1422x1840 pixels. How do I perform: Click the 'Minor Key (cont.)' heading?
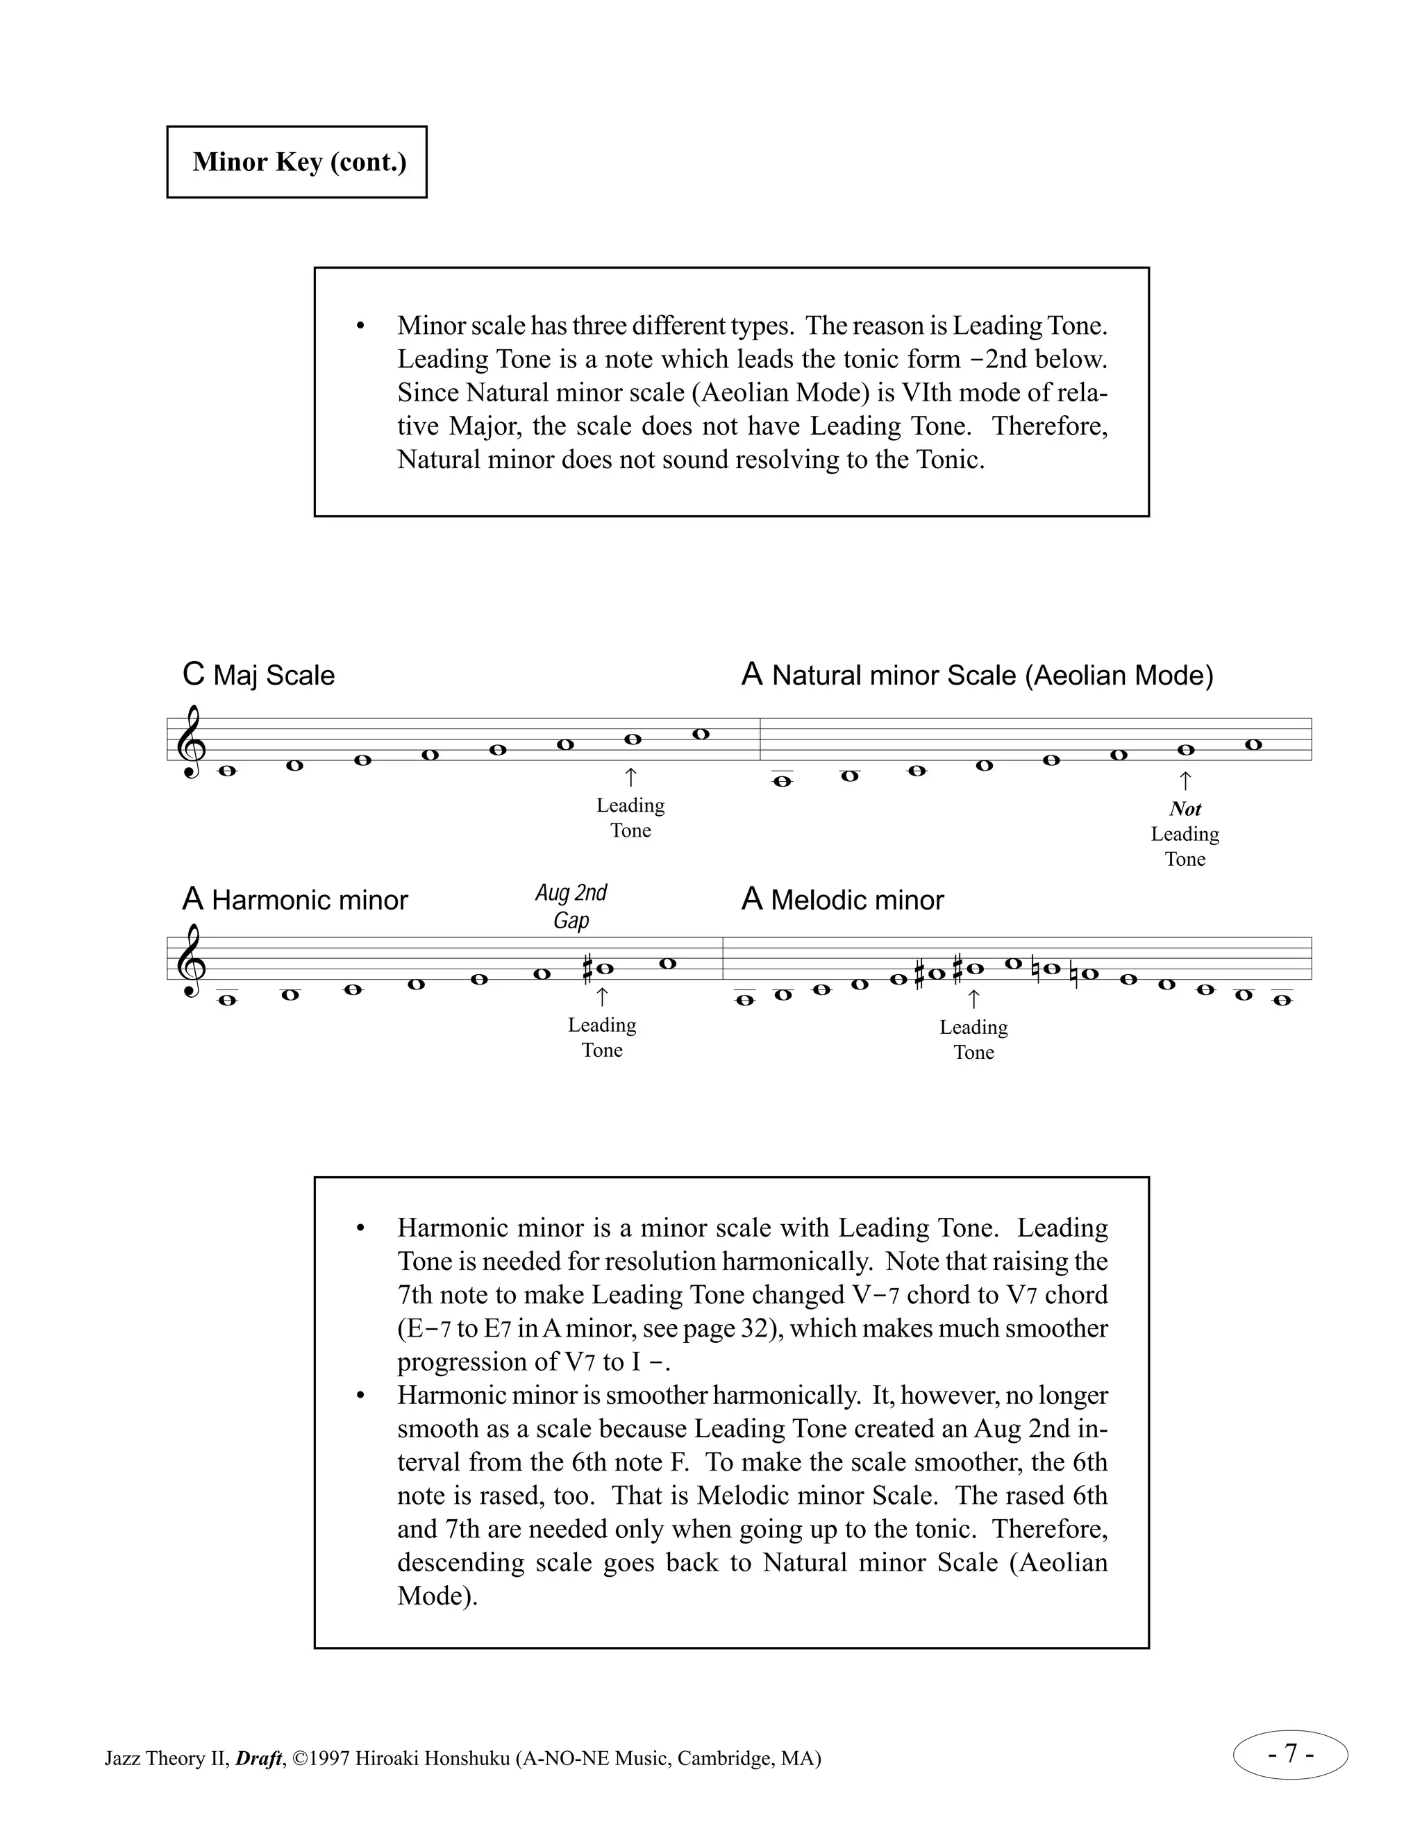coord(299,162)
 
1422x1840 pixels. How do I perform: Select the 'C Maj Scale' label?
coord(258,675)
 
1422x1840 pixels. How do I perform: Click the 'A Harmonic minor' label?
coord(295,900)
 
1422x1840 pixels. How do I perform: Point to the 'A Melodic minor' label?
coord(842,900)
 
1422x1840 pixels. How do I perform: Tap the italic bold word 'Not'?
coord(1185,809)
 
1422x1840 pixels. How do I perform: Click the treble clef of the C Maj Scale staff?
coord(190,742)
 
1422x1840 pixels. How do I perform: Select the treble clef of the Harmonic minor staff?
coord(190,960)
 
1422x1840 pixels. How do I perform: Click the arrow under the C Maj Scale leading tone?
coord(631,777)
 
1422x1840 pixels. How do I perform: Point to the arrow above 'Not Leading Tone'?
coord(1185,780)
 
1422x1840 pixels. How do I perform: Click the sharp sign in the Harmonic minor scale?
coord(588,969)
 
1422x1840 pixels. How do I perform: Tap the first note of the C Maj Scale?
coord(226,771)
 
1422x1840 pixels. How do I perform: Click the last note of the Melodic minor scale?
coord(1281,1000)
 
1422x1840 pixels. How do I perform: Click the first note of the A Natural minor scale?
coord(783,781)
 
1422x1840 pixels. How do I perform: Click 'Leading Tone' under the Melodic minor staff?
coord(974,1039)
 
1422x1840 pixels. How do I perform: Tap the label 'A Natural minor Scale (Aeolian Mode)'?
coord(977,675)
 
